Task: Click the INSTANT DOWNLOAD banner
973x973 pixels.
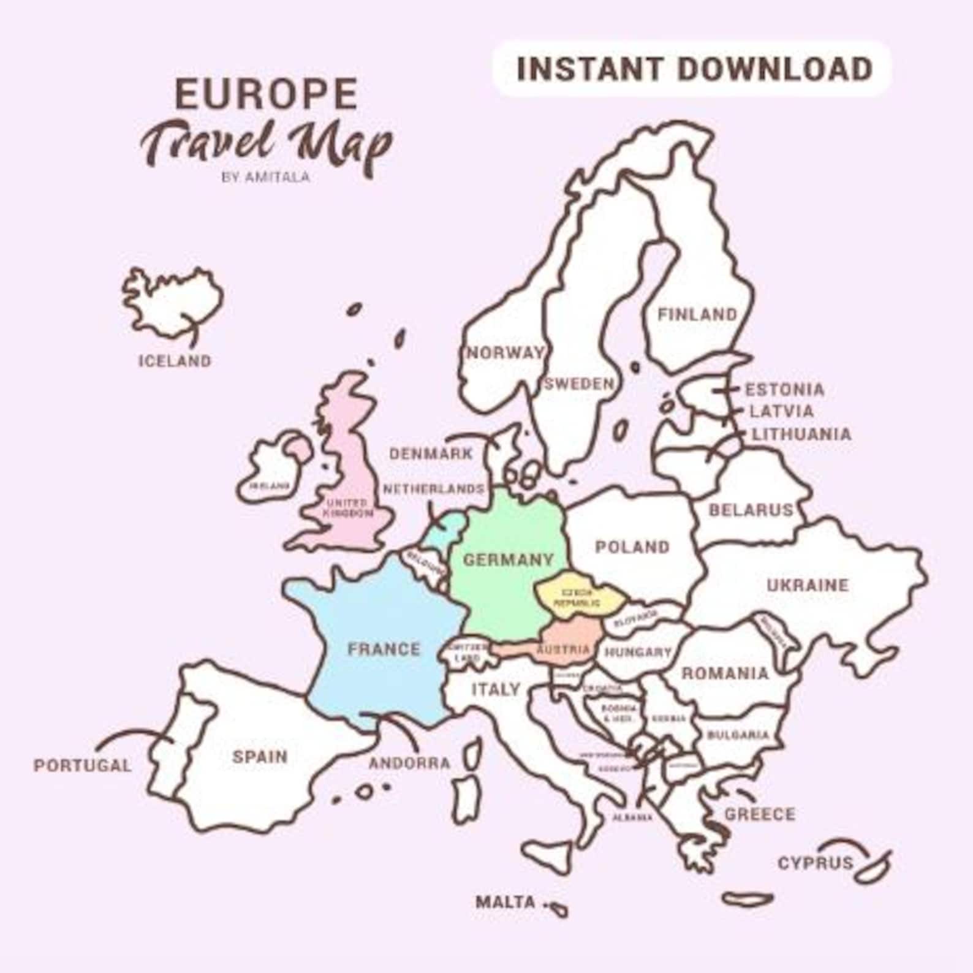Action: pyautogui.click(x=693, y=69)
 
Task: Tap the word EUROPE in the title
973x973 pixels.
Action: pyautogui.click(x=266, y=94)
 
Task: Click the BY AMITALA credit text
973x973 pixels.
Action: pyautogui.click(x=265, y=177)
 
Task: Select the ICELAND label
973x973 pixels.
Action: pyautogui.click(x=175, y=361)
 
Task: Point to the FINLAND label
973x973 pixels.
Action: pyautogui.click(x=697, y=314)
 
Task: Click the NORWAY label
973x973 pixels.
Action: pyautogui.click(x=505, y=353)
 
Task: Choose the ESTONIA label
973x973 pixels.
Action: pyautogui.click(x=784, y=390)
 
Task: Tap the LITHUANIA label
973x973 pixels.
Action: pyautogui.click(x=801, y=434)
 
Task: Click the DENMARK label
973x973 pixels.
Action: pyautogui.click(x=431, y=454)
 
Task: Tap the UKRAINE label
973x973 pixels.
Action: pyautogui.click(x=808, y=585)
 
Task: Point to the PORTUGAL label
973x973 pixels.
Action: pyautogui.click(x=82, y=765)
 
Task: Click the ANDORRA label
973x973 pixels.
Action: pyautogui.click(x=409, y=763)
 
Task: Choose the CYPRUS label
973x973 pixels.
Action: pyautogui.click(x=815, y=863)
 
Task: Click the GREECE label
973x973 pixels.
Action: pyautogui.click(x=760, y=814)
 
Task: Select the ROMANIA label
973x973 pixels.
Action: pyautogui.click(x=725, y=673)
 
